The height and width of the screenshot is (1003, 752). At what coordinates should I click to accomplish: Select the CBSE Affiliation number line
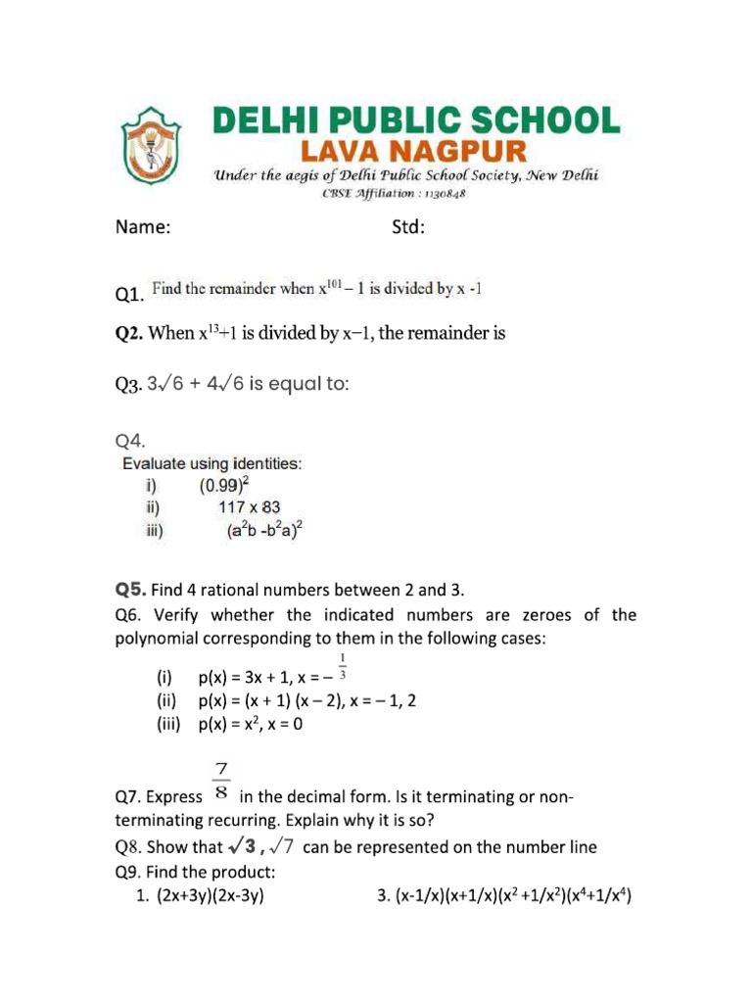point(395,194)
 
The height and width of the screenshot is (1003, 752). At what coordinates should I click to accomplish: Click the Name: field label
point(143,228)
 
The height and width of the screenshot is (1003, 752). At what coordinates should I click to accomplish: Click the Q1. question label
point(130,294)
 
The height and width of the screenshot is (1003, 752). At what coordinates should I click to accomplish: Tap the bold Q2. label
point(130,334)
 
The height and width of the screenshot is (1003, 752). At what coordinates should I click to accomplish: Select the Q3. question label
point(129,385)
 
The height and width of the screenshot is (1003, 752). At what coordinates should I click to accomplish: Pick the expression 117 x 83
point(249,507)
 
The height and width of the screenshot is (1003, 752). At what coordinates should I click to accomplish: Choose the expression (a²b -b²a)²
point(264,532)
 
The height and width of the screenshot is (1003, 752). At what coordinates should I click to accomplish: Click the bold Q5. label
point(130,590)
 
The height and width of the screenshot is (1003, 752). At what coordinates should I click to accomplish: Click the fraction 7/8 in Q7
point(221,783)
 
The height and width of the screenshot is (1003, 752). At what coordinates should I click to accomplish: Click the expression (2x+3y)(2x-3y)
point(211,894)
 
